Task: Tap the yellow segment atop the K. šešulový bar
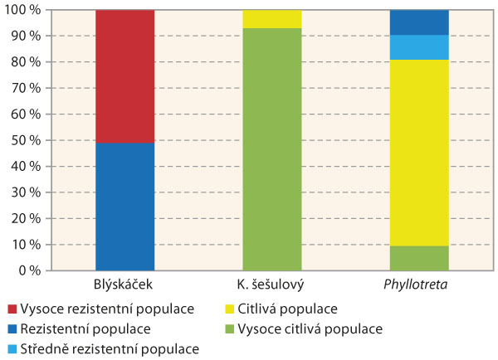(272, 19)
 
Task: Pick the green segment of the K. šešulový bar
(272, 149)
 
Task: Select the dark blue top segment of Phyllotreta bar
(419, 22)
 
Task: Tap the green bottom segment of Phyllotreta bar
(419, 258)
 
